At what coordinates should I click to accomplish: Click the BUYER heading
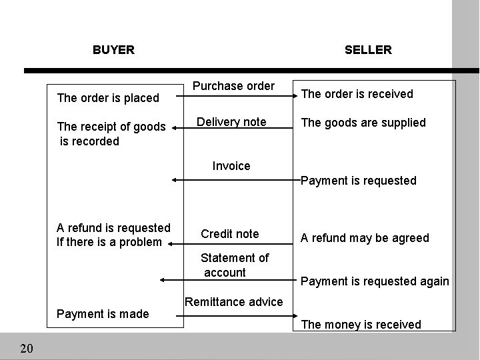click(x=113, y=50)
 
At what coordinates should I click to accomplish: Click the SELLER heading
click(x=368, y=50)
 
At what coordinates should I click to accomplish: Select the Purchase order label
click(x=233, y=86)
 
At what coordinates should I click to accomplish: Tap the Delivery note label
click(x=231, y=122)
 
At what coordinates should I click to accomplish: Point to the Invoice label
click(x=231, y=166)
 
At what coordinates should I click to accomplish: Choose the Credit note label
click(x=229, y=234)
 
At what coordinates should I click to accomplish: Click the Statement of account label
click(x=235, y=265)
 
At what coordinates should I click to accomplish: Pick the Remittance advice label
click(x=234, y=302)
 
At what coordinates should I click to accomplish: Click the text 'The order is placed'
click(x=108, y=99)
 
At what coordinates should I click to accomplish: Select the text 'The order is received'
click(x=357, y=94)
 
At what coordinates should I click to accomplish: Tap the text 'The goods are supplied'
click(x=363, y=123)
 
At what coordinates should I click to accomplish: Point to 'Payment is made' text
click(x=103, y=314)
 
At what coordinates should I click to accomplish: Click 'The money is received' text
click(x=361, y=325)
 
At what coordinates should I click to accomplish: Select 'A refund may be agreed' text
click(x=365, y=238)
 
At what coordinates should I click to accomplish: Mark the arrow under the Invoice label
click(x=233, y=179)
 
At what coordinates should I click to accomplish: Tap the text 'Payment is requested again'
click(x=375, y=281)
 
